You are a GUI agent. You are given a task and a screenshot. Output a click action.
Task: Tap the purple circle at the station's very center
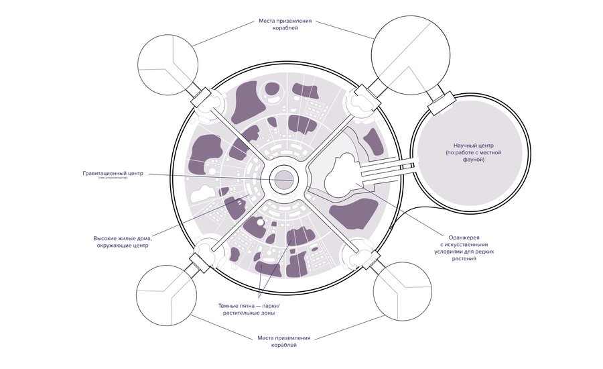(x=283, y=178)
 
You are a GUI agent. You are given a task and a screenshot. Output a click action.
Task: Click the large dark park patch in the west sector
(x=204, y=154)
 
